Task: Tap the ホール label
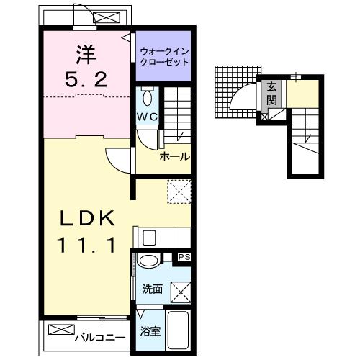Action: [x=174, y=156]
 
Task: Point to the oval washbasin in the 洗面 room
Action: [x=150, y=261]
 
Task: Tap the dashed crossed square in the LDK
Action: [x=177, y=192]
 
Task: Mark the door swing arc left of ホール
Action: [x=117, y=158]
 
